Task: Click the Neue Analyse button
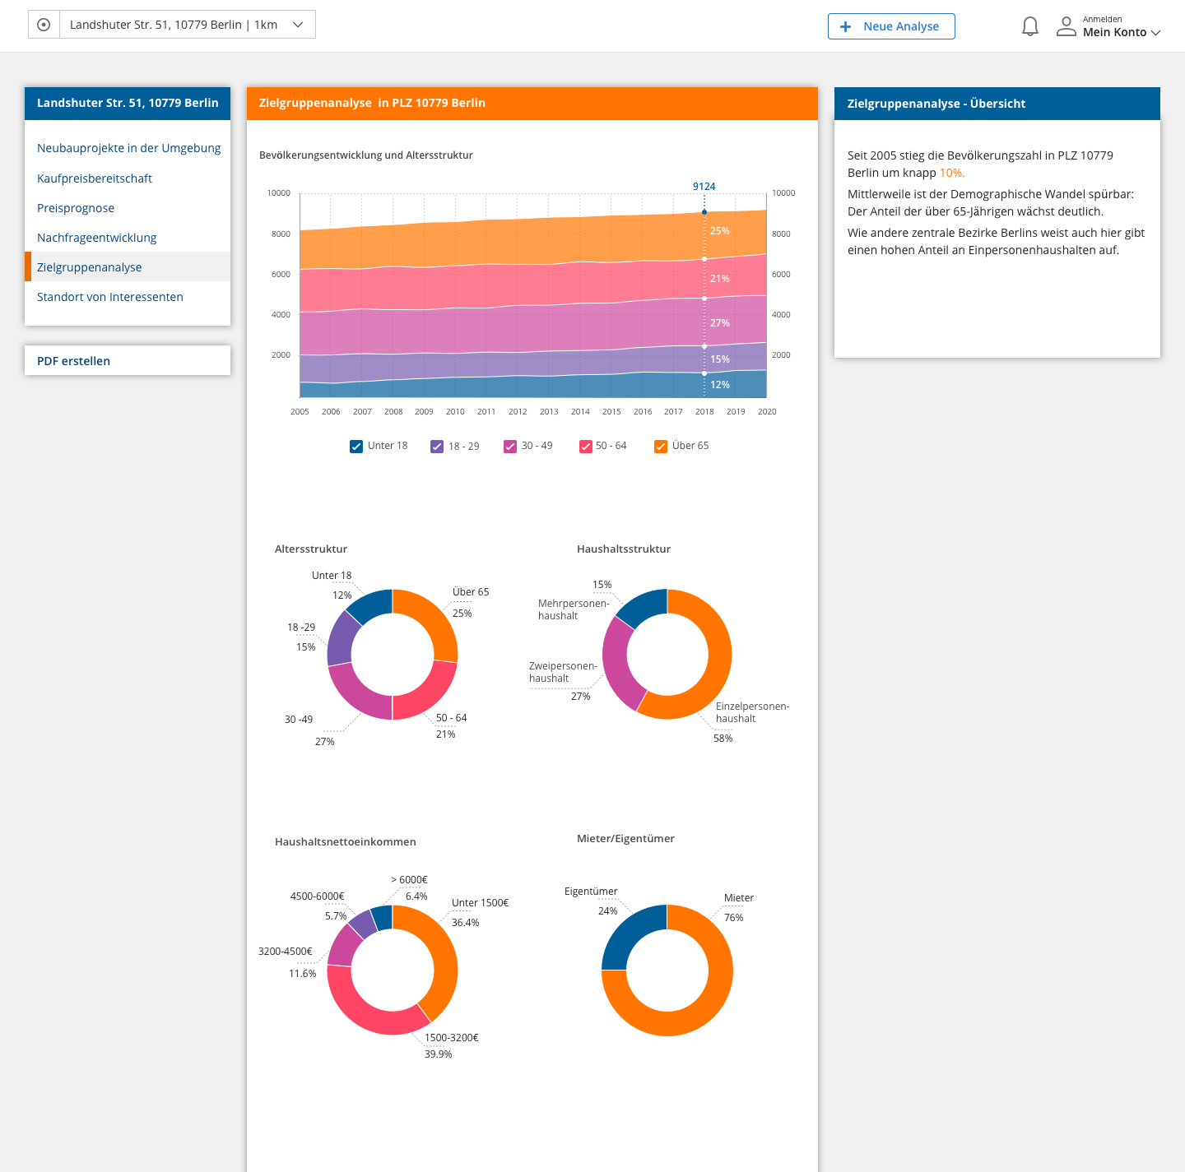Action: (891, 26)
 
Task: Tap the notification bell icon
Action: (1029, 26)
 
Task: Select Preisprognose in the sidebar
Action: (76, 208)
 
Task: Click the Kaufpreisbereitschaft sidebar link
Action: (95, 178)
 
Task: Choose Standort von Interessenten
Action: (110, 297)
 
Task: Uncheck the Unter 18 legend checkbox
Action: (356, 447)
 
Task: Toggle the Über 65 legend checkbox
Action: (661, 447)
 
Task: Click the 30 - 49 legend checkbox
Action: (510, 447)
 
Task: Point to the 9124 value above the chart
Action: (704, 187)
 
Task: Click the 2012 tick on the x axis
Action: (518, 412)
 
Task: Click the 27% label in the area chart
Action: (720, 323)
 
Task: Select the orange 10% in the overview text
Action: (951, 174)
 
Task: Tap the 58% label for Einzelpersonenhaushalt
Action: (723, 739)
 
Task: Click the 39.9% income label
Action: (438, 1054)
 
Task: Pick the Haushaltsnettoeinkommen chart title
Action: (346, 842)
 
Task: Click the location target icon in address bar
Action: (44, 25)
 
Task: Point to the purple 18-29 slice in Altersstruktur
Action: (342, 637)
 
